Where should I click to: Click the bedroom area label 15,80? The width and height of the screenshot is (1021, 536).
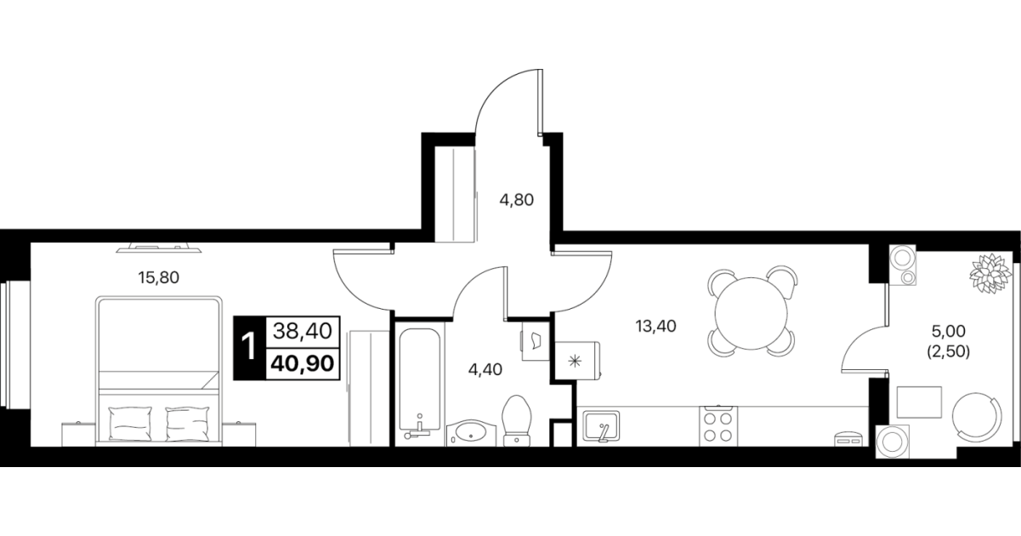(x=159, y=277)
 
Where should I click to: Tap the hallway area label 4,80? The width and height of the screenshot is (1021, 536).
(x=516, y=200)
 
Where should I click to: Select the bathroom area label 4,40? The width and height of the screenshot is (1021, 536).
(x=485, y=369)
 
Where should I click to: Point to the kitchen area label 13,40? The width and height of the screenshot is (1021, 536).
(x=656, y=326)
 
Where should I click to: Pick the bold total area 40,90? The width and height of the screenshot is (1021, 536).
(x=303, y=364)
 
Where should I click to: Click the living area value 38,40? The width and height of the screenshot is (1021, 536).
(x=303, y=331)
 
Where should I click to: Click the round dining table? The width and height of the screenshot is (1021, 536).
(x=752, y=313)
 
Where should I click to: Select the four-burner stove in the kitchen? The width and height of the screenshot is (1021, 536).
(x=718, y=426)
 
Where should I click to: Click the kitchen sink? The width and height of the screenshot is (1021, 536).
(x=602, y=426)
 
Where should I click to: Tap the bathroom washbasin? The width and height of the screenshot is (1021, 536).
(x=471, y=433)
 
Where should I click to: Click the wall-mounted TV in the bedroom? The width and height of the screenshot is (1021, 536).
(x=159, y=248)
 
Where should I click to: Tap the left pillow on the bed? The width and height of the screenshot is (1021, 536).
(x=130, y=424)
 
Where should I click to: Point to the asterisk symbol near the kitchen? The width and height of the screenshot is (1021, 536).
(x=575, y=362)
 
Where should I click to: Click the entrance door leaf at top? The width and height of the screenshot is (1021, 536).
(x=540, y=103)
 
